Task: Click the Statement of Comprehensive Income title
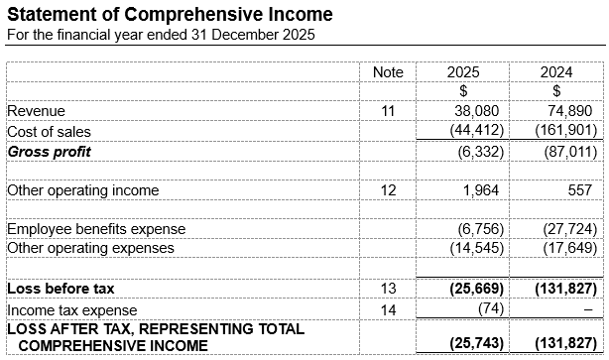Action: [x=170, y=15]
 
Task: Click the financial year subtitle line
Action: [x=161, y=35]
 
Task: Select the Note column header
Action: [x=388, y=72]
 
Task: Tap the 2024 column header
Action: [x=556, y=72]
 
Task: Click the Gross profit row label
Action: [x=50, y=152]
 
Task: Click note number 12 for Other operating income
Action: [x=388, y=190]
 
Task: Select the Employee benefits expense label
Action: [x=96, y=229]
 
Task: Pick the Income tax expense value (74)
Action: [x=489, y=308]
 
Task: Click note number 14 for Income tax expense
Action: [x=388, y=308]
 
